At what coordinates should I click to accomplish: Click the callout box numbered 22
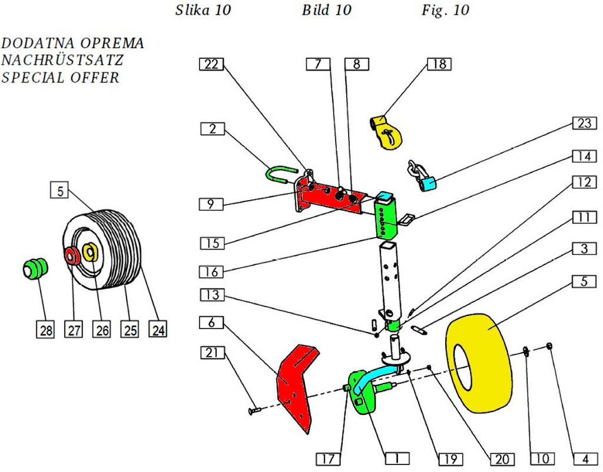211,65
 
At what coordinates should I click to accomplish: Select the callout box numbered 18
439,64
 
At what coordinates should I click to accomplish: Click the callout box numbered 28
45,330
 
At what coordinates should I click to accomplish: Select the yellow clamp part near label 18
386,133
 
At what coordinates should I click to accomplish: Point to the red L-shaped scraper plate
294,385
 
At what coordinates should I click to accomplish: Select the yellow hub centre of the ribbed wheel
91,252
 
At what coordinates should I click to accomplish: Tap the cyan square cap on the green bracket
386,197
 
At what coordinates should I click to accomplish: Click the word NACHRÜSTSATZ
62,61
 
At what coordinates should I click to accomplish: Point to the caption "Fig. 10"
445,11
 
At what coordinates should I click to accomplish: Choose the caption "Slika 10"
203,11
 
